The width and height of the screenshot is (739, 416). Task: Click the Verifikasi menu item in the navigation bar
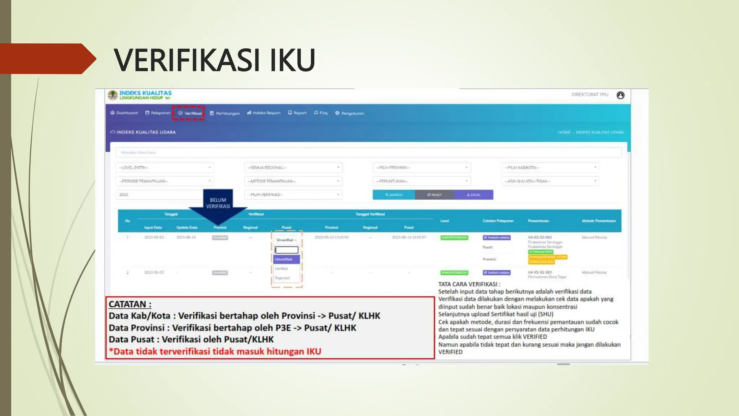pyautogui.click(x=190, y=113)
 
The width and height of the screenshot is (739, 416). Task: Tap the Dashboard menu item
pyautogui.click(x=124, y=113)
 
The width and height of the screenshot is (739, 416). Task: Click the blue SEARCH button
pyautogui.click(x=394, y=195)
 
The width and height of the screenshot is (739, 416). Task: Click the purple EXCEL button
pyautogui.click(x=473, y=195)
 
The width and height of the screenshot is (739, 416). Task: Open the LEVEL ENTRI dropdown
pyautogui.click(x=165, y=168)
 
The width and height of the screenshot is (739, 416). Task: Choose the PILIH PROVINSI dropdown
pyautogui.click(x=421, y=168)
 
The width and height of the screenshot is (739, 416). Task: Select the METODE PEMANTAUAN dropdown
pyautogui.click(x=293, y=181)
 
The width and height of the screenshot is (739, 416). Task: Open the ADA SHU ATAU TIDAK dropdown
pyautogui.click(x=550, y=181)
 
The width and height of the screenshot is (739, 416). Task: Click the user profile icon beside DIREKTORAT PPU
pyautogui.click(x=620, y=95)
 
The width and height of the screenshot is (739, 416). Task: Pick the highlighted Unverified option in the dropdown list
pyautogui.click(x=287, y=259)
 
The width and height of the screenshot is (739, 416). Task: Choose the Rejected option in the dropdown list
pyautogui.click(x=283, y=278)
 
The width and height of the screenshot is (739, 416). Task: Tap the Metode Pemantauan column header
pyautogui.click(x=599, y=221)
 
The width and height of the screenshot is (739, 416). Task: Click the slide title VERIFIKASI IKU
pyautogui.click(x=214, y=60)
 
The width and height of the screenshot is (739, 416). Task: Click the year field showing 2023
pyautogui.click(x=159, y=195)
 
